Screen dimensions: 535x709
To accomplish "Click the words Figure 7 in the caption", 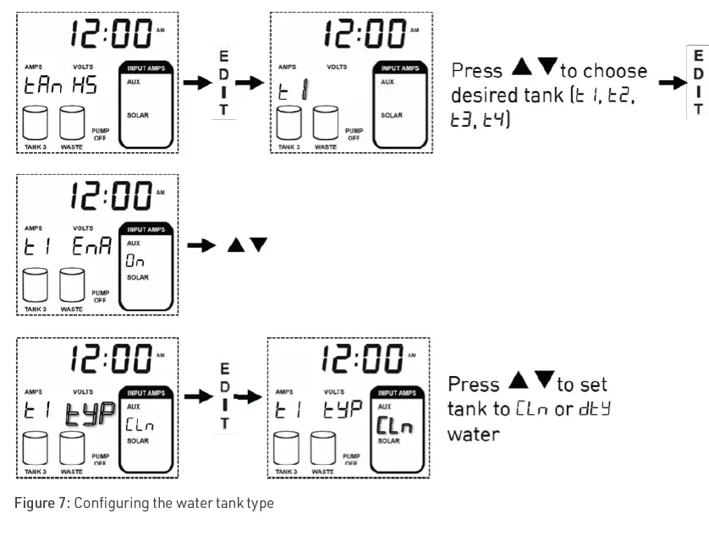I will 41,504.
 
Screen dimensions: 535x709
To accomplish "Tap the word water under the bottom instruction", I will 473,434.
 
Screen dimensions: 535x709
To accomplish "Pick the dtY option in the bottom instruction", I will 595,409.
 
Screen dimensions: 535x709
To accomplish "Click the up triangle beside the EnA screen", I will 235,245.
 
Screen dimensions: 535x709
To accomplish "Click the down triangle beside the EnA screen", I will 258,245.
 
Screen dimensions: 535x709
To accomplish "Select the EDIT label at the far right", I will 698,82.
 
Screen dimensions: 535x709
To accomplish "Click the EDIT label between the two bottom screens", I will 224,397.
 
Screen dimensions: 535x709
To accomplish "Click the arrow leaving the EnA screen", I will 201,245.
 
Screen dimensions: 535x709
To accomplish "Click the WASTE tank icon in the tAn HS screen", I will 72,123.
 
